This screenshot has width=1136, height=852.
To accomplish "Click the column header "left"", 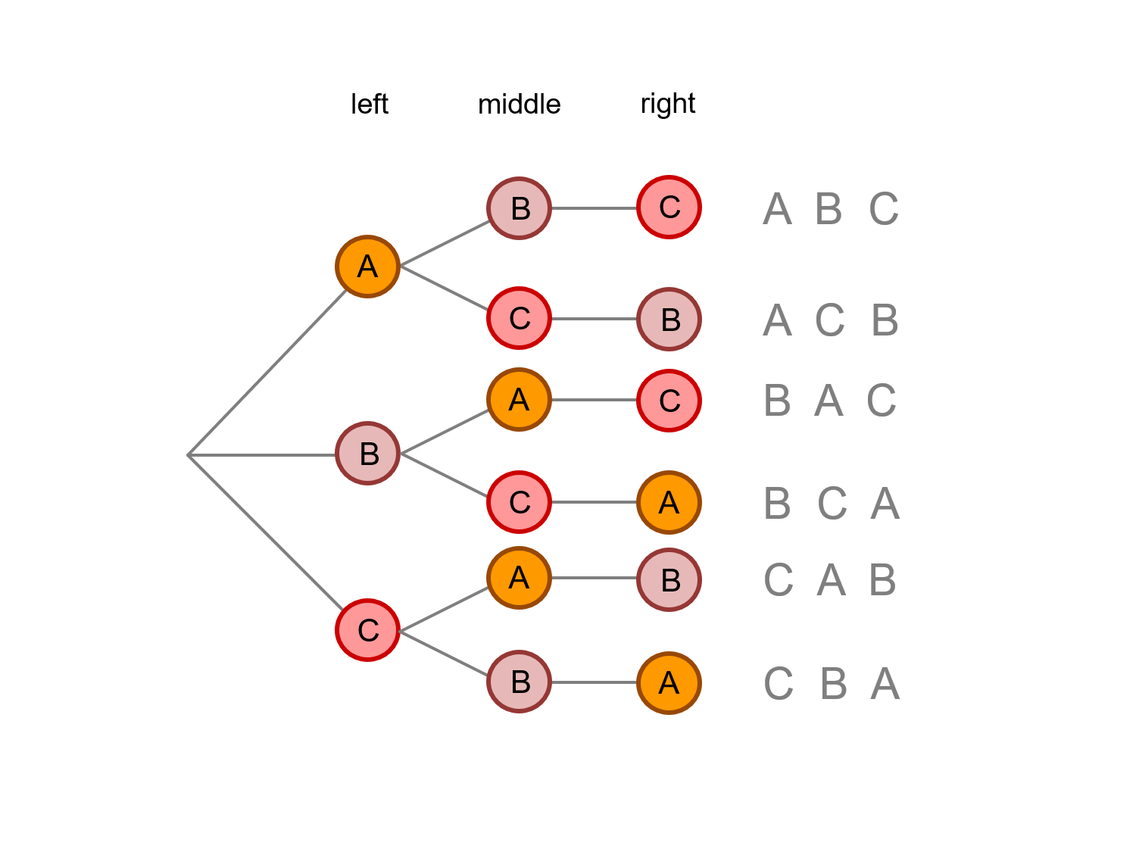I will coord(369,104).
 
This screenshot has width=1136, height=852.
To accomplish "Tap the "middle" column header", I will coord(519,104).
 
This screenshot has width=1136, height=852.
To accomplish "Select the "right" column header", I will coord(667,104).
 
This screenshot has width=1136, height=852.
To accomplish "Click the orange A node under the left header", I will coord(367,267).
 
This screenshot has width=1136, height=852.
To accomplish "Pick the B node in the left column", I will coord(367,454).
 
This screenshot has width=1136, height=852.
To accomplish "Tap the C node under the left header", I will coord(367,630).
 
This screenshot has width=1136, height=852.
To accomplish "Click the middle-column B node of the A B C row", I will coord(519,208).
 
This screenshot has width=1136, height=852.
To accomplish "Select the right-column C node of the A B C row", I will coord(669,207).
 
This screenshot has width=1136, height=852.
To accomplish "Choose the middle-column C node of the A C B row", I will coord(519,318).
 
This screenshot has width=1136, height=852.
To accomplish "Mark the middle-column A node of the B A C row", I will coord(519,399).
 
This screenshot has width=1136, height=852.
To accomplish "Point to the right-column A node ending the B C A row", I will coord(669,502).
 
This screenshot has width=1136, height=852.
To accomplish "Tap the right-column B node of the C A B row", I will coord(669,580).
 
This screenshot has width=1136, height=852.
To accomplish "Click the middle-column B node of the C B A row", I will coord(519,682).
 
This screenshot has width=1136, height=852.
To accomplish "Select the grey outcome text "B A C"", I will coord(830,401).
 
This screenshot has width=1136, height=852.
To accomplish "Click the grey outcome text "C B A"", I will coord(831,684).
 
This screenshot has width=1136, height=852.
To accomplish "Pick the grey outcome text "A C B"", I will coord(830,320).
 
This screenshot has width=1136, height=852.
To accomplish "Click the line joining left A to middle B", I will coord(445,244).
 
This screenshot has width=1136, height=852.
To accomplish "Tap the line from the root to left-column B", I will coord(261,455).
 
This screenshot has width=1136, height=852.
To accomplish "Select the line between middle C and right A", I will coord(594,502).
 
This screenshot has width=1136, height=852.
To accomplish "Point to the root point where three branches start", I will coord(189,455).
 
